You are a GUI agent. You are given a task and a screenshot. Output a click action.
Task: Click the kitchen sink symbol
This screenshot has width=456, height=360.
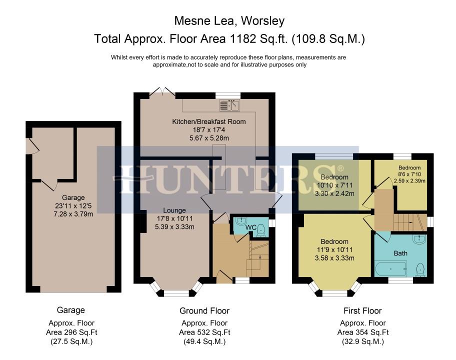pos(229,105)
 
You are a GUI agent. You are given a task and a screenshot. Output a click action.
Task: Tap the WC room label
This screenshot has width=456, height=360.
pos(250,227)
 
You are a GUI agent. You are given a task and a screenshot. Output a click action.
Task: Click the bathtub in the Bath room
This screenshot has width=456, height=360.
pos(391,269)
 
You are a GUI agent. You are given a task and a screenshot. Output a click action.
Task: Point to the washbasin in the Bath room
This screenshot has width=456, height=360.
pos(419,239)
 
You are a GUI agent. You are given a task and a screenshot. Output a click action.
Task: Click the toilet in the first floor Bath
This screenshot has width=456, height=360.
pos(420,269)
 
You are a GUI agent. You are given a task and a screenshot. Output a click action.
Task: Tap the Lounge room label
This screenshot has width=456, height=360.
pos(174,210)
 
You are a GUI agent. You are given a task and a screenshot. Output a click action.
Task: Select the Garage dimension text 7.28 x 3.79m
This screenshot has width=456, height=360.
pos(73,214)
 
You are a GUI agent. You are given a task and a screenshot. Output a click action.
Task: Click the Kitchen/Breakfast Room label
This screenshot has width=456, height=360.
pos(209,121)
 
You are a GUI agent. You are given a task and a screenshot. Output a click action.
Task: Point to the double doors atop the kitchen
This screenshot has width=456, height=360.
pos(163,91)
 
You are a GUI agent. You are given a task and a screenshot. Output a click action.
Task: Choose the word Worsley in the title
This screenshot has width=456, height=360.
pos(262,21)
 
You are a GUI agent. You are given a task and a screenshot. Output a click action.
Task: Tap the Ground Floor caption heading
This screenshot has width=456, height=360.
pos(204,311)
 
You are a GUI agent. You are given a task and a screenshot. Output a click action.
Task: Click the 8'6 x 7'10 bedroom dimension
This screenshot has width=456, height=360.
pos(409,174)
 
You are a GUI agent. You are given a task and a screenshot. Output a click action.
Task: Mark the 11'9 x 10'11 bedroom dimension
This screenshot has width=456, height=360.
pos(334,249)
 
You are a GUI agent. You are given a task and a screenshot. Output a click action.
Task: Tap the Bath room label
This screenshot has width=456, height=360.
pos(400,253)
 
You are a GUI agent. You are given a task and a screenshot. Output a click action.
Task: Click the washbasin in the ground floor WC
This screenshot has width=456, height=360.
pos(241,221)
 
